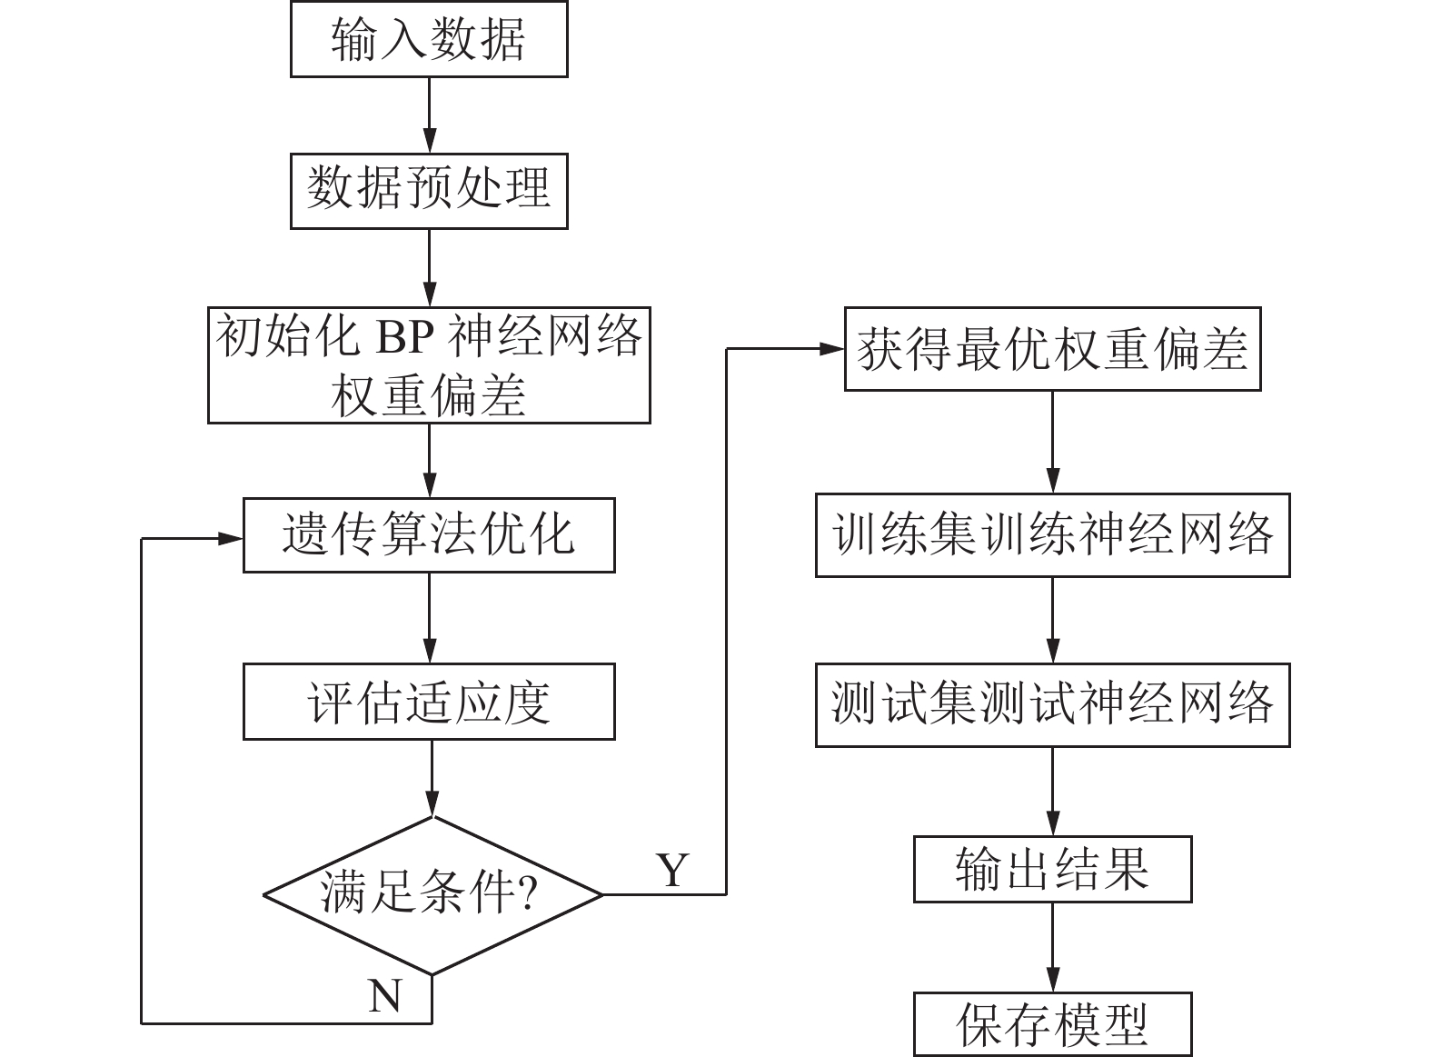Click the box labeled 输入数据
point(429,40)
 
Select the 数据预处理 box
point(429,191)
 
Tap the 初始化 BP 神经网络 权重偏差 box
point(429,365)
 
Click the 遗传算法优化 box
point(429,534)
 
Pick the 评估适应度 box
point(429,702)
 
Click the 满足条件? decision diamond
point(432,894)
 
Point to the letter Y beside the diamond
point(672,871)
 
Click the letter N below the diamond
point(385,996)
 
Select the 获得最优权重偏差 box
point(1052,350)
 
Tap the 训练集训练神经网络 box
point(1052,534)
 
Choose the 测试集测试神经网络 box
point(1052,703)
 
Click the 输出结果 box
point(1052,869)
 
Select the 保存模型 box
point(1052,1023)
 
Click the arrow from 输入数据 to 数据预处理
point(430,115)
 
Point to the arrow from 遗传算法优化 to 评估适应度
point(430,618)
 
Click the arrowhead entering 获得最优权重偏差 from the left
point(832,349)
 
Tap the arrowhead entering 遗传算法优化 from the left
point(231,538)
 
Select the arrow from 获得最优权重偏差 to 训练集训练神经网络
point(1052,443)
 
